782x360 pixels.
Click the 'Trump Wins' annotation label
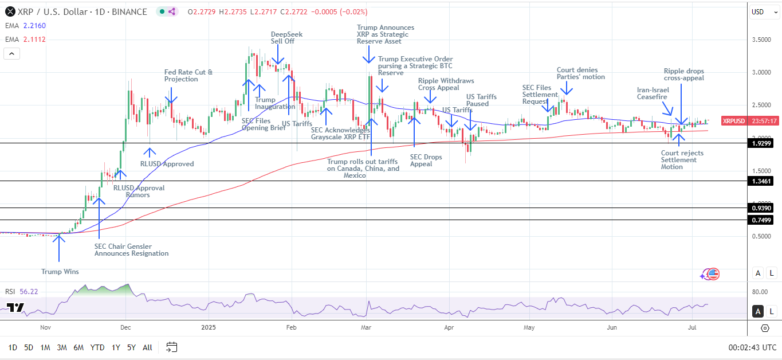[x=60, y=272]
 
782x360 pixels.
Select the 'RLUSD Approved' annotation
[x=167, y=164]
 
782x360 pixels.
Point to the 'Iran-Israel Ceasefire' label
[x=653, y=93]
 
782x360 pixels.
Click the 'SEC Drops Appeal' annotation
[x=425, y=160]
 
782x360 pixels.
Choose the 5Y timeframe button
[x=131, y=347]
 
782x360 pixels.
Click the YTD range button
[x=97, y=347]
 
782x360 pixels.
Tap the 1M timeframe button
[x=45, y=347]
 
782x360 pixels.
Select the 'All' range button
[x=147, y=347]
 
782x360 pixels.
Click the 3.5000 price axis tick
[x=761, y=40]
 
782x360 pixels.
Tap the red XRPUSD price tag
[x=734, y=121]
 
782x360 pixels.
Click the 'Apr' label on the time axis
[x=449, y=328]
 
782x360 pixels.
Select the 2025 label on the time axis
[x=209, y=328]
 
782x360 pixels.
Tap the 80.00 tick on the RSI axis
[x=760, y=292]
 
